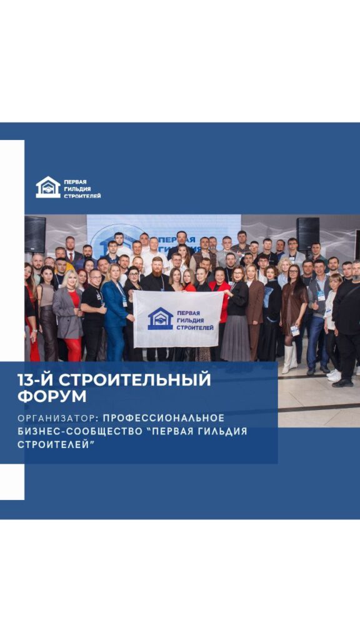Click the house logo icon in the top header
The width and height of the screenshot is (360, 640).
[x=48, y=187]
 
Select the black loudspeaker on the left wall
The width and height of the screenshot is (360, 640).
[x=35, y=234]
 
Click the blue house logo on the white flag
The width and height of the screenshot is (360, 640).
[x=161, y=318]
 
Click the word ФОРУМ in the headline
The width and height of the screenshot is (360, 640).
[x=52, y=397]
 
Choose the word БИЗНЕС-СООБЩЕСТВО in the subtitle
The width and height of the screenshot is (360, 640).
[x=93, y=431]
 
